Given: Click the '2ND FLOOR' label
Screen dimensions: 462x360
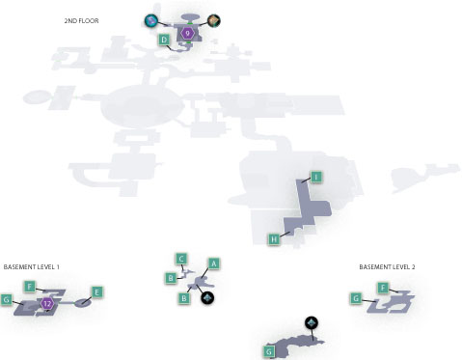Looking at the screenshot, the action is tap(81, 21).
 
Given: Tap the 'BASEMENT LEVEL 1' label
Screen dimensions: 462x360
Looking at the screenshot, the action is tap(32, 267).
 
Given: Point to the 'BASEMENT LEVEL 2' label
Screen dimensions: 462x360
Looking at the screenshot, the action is tap(387, 267).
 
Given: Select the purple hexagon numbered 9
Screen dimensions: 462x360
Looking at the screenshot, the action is tap(187, 33).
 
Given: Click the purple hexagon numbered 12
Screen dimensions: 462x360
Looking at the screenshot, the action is tap(47, 303).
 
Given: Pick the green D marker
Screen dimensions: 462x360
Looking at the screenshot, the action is tap(164, 40).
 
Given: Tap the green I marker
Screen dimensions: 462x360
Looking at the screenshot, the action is tap(316, 177).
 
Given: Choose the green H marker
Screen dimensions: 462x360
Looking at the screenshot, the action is tap(274, 239).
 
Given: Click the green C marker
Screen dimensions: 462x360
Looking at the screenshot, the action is tap(181, 259).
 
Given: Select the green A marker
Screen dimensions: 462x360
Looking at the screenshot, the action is tap(214, 263).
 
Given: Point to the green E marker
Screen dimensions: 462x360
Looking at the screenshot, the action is tap(97, 292).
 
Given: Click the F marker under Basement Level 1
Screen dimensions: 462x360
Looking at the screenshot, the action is tap(30, 287).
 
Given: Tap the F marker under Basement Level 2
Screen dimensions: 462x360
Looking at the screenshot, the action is tap(383, 288).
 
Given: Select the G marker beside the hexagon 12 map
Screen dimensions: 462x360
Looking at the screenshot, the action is tap(7, 300).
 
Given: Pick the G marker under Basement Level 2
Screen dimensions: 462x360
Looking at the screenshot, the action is tap(356, 298).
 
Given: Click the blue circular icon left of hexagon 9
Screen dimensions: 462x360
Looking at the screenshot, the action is tap(151, 21).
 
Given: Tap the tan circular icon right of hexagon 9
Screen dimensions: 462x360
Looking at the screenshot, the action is tap(214, 21).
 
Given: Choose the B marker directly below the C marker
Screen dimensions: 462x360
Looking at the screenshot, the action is tap(171, 278).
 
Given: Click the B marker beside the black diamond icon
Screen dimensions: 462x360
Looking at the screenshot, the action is tap(184, 298).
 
